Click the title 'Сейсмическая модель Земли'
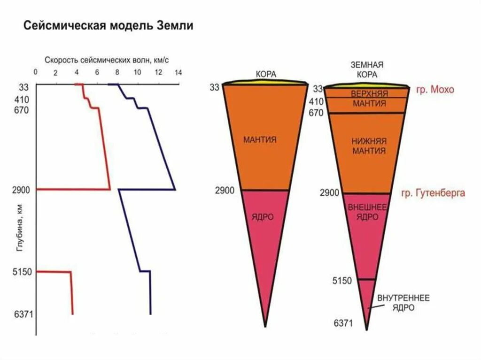tap(109, 25)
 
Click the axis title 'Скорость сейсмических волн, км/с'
tap(107, 60)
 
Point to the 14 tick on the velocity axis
tap(178, 73)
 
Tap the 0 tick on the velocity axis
tap(35, 73)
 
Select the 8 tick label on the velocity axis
tap(116, 73)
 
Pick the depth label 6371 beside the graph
tap(23, 314)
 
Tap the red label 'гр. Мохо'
tap(435, 90)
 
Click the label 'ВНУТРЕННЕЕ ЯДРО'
tap(403, 303)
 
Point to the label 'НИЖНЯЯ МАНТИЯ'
tap(368, 146)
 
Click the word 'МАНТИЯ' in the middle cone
tap(260, 139)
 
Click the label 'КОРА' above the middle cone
tap(266, 74)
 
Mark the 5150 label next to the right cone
tap(342, 281)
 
